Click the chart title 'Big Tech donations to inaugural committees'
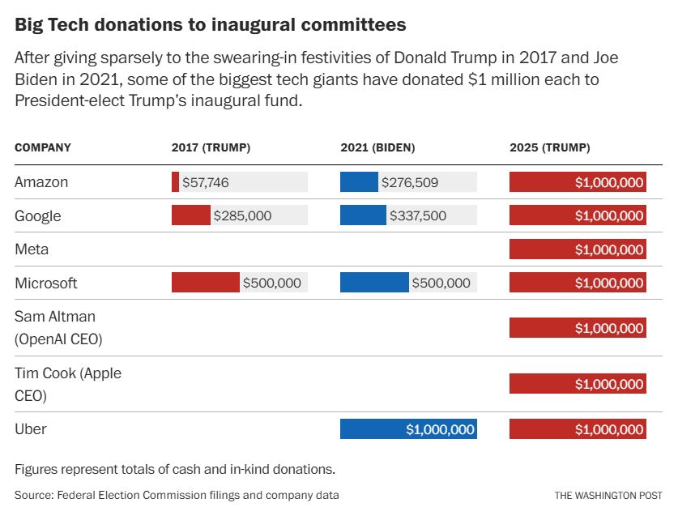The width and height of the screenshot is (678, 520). tap(211, 25)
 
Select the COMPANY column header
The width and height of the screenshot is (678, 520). tap(43, 147)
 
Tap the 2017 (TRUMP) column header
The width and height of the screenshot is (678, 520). tap(211, 147)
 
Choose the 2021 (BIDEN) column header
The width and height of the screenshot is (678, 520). tap(377, 147)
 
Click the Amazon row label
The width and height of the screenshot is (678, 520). tap(41, 182)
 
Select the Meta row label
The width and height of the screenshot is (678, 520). tap(32, 249)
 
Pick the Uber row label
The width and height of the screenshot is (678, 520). tap(32, 428)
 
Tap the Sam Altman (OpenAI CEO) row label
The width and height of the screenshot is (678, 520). tap(58, 327)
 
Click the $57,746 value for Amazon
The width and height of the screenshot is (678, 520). tap(206, 183)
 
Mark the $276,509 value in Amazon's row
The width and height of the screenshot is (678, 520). tap(410, 183)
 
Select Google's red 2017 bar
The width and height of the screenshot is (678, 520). tap(190, 215)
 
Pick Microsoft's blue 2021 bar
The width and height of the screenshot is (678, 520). tap(374, 283)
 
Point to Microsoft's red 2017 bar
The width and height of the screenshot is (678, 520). tap(206, 283)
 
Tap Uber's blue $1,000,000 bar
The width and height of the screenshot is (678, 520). tap(408, 429)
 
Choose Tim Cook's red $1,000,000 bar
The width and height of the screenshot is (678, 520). tap(578, 384)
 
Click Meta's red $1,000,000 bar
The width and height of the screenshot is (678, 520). tap(578, 249)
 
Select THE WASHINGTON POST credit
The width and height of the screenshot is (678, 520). tap(608, 495)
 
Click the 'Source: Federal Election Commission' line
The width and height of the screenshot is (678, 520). tap(177, 494)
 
